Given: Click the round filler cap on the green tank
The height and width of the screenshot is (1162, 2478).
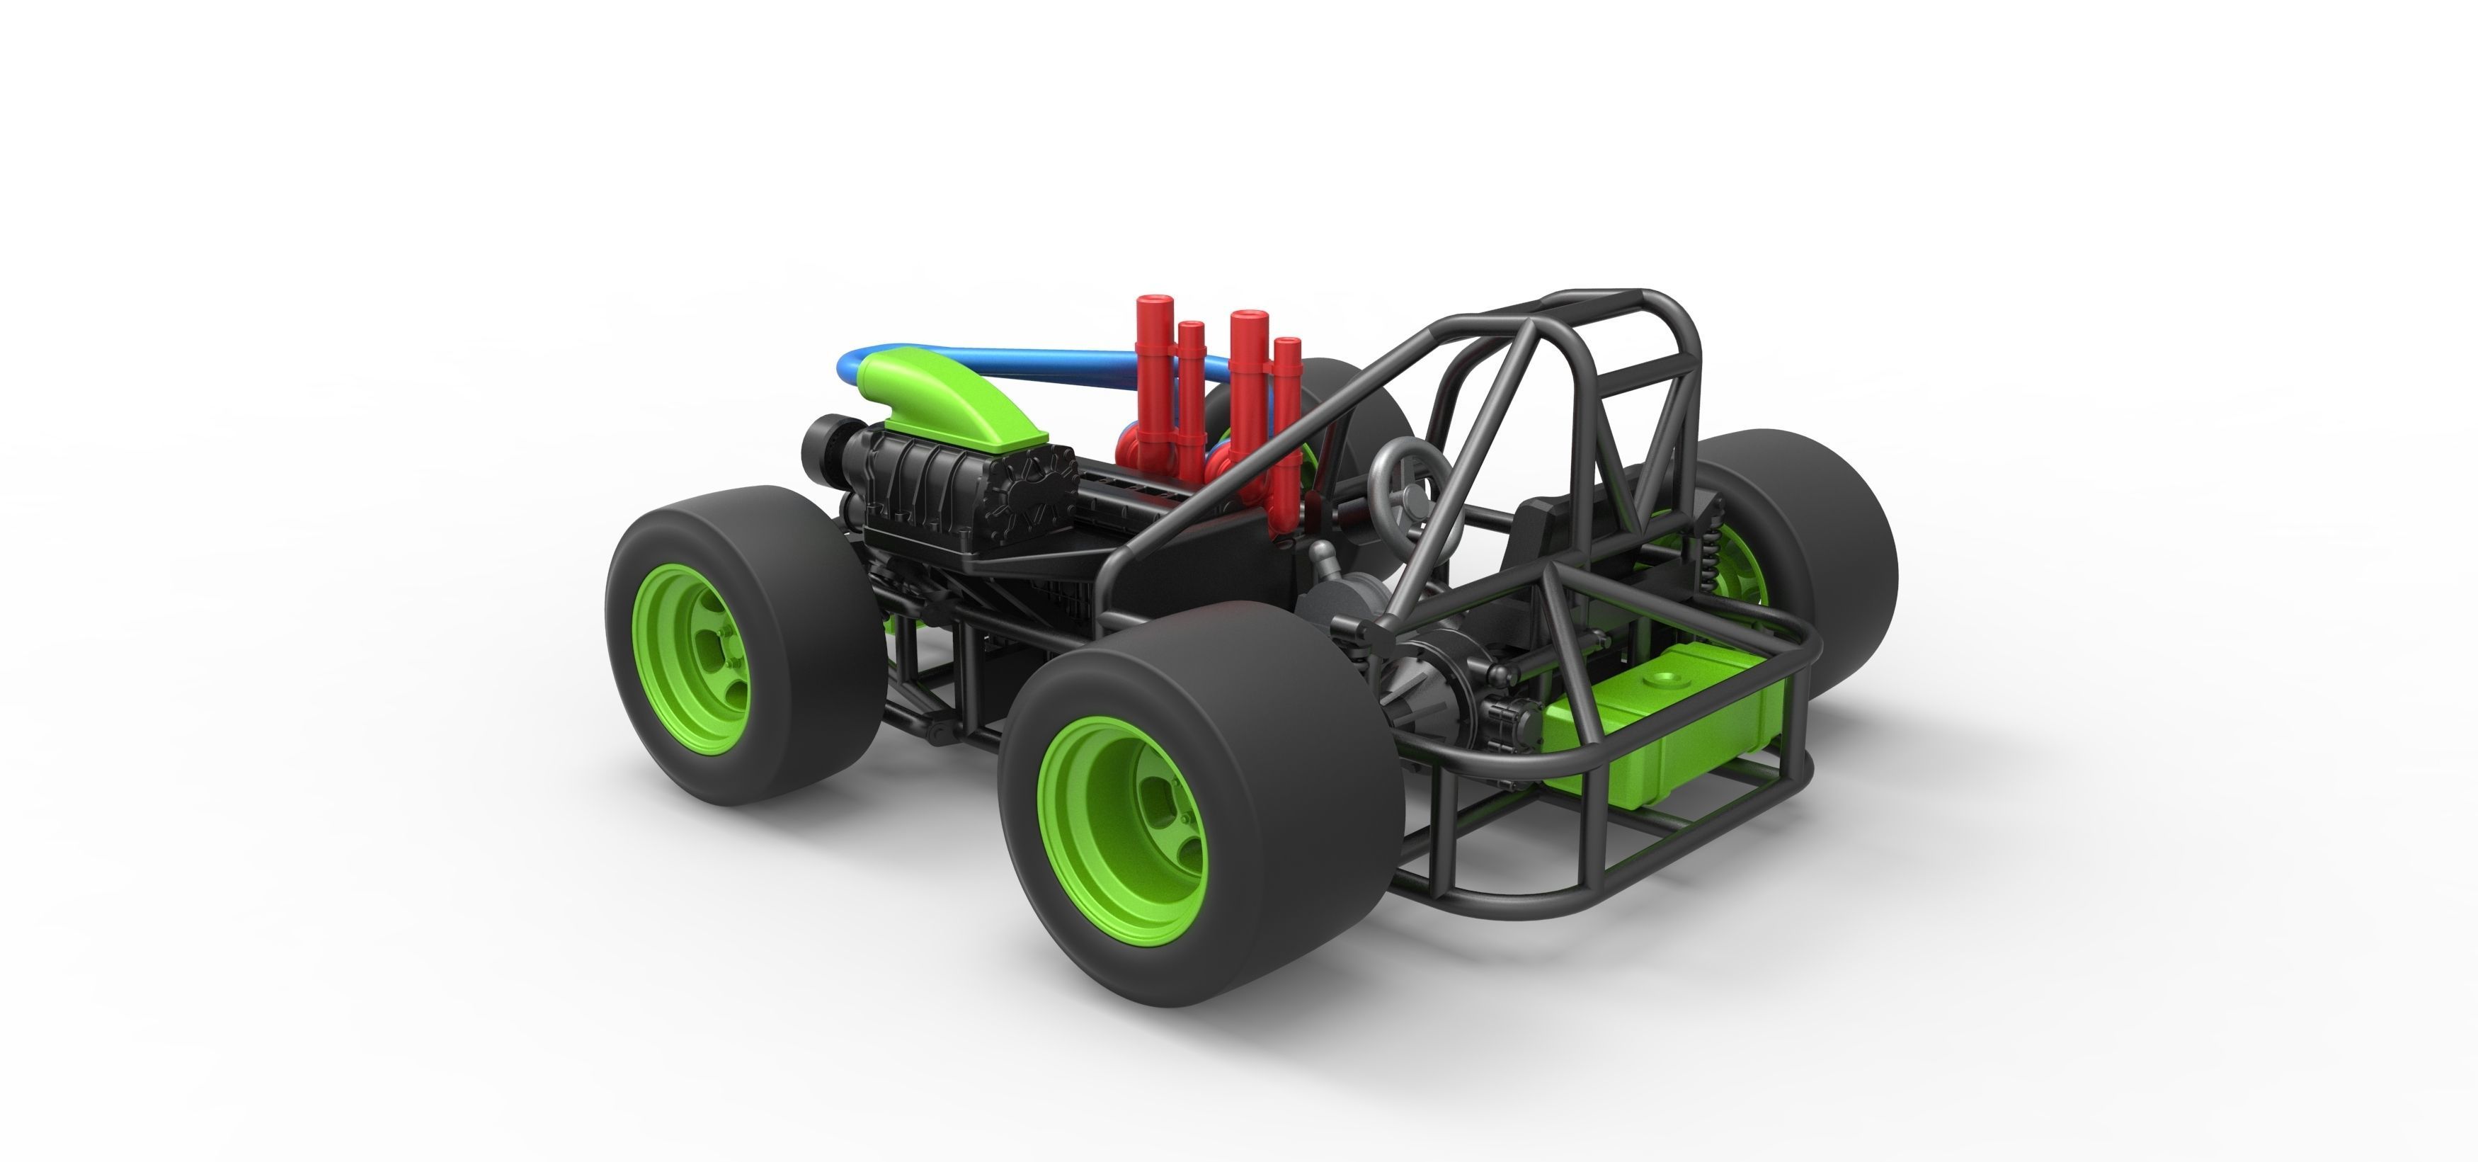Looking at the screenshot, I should pyautogui.click(x=1657, y=679).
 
